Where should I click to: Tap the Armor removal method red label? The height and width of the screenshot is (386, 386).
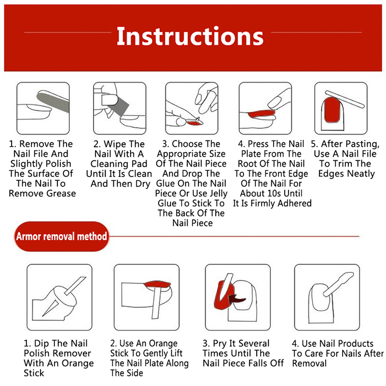pos(62,236)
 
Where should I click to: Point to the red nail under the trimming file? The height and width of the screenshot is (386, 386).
pos(332,110)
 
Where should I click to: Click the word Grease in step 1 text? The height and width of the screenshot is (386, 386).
pos(61,193)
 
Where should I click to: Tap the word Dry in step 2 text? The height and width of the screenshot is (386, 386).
pos(143,184)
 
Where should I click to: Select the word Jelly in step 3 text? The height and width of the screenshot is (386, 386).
pos(217,193)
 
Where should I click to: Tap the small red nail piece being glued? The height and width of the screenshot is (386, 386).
pos(194,122)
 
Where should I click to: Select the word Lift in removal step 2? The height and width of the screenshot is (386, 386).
pos(176,353)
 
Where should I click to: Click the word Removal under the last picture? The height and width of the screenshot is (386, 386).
pos(309,363)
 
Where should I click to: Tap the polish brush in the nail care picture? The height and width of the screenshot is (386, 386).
pos(338,284)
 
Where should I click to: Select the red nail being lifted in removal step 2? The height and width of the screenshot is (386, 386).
pos(157,285)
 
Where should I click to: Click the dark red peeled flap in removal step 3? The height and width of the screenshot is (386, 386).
pos(236,299)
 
